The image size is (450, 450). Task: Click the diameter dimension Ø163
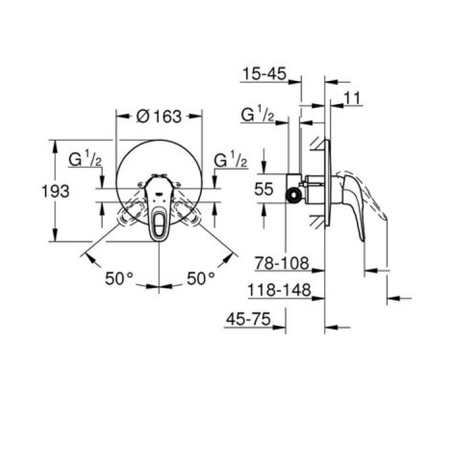pyautogui.click(x=159, y=116)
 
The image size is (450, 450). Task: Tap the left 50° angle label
pyautogui.click(x=119, y=278)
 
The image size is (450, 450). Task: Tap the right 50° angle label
pyautogui.click(x=201, y=278)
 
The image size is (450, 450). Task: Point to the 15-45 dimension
pyautogui.click(x=264, y=74)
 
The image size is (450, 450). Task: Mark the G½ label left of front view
pyautogui.click(x=86, y=159)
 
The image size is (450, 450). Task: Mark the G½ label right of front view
pyautogui.click(x=230, y=159)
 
